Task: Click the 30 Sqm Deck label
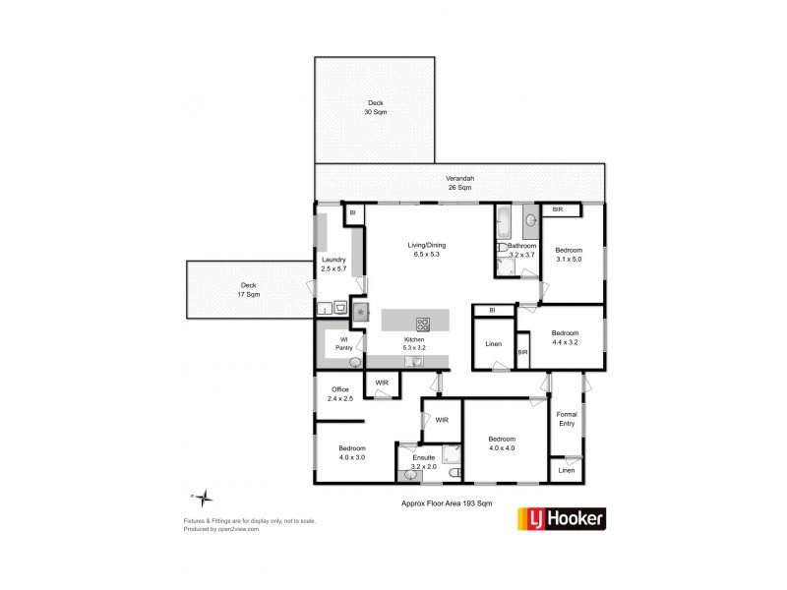[377, 108]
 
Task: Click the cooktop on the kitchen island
[423, 323]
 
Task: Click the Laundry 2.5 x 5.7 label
[333, 264]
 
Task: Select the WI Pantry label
[344, 344]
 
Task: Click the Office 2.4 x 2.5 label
[340, 394]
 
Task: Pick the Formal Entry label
[566, 419]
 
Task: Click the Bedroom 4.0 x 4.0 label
[502, 443]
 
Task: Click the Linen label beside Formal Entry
[566, 471]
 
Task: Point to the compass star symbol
[200, 498]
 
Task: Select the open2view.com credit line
[220, 528]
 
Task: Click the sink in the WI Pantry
[354, 363]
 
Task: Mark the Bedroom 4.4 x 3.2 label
[565, 336]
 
